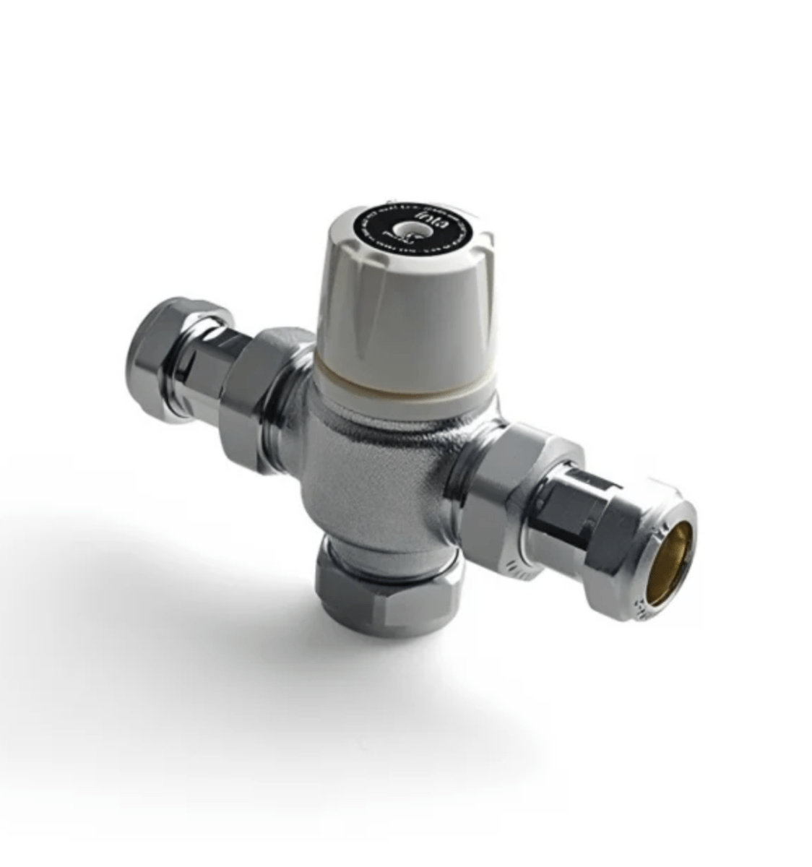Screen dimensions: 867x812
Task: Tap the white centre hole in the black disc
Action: (399, 233)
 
